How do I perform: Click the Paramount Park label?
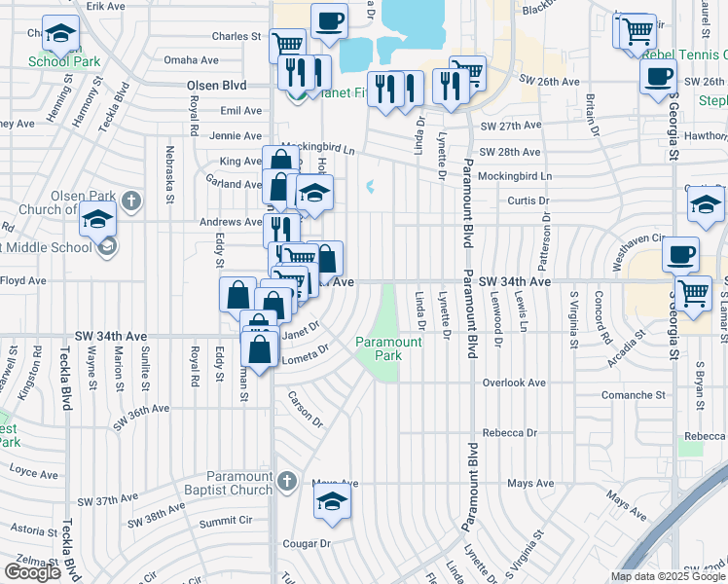(x=388, y=348)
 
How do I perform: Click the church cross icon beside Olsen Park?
(x=131, y=202)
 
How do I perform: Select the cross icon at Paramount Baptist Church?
(x=286, y=481)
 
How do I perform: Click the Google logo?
(x=32, y=572)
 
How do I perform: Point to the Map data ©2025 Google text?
(x=669, y=576)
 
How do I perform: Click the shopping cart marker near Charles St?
(x=287, y=44)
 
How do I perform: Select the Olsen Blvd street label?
(x=216, y=86)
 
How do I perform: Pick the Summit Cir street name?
(x=225, y=522)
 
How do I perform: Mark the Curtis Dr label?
(x=530, y=201)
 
